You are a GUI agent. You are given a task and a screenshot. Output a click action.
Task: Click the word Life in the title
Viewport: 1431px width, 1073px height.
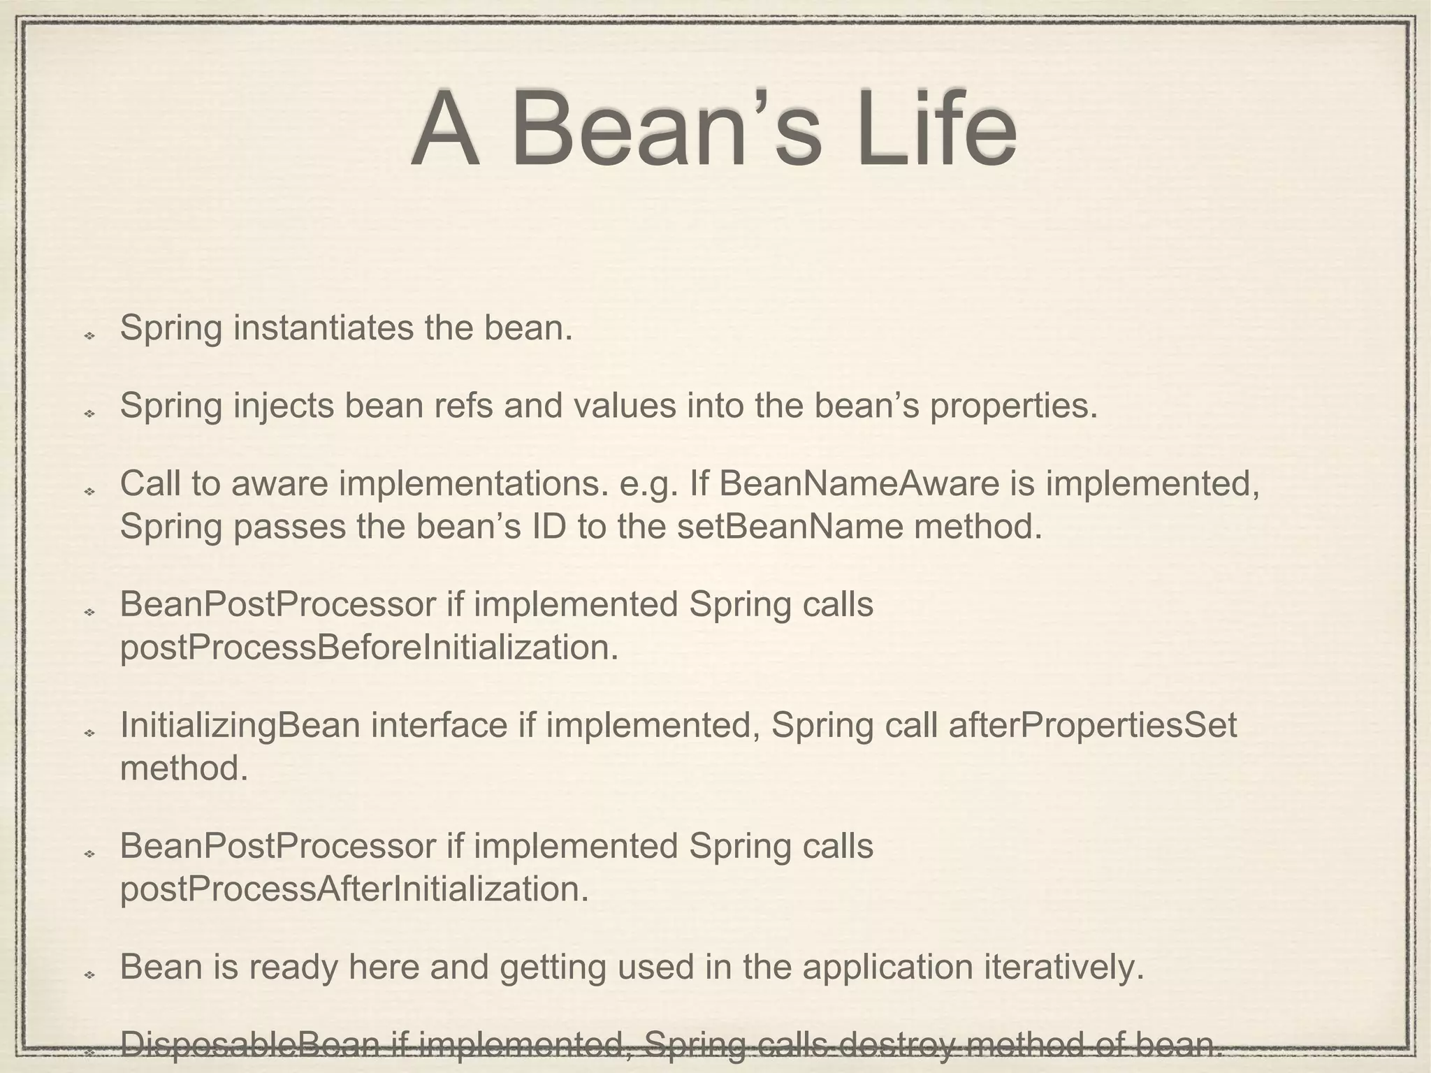936,129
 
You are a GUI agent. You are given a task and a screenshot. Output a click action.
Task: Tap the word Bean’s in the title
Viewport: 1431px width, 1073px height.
667,129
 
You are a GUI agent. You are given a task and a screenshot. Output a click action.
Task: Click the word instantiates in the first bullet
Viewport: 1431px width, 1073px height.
323,328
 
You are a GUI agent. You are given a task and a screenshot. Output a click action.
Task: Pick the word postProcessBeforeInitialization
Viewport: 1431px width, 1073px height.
369,648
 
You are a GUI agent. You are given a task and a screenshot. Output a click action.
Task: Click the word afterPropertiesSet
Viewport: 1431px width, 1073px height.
1092,725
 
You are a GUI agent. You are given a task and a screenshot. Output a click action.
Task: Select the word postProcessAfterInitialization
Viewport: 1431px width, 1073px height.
354,889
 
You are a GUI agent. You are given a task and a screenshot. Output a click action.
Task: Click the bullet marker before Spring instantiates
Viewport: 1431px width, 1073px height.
89,337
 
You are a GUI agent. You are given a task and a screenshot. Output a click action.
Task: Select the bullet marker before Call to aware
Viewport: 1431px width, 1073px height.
89,492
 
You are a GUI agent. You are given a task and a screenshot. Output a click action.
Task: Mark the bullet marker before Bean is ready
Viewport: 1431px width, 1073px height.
89,975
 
